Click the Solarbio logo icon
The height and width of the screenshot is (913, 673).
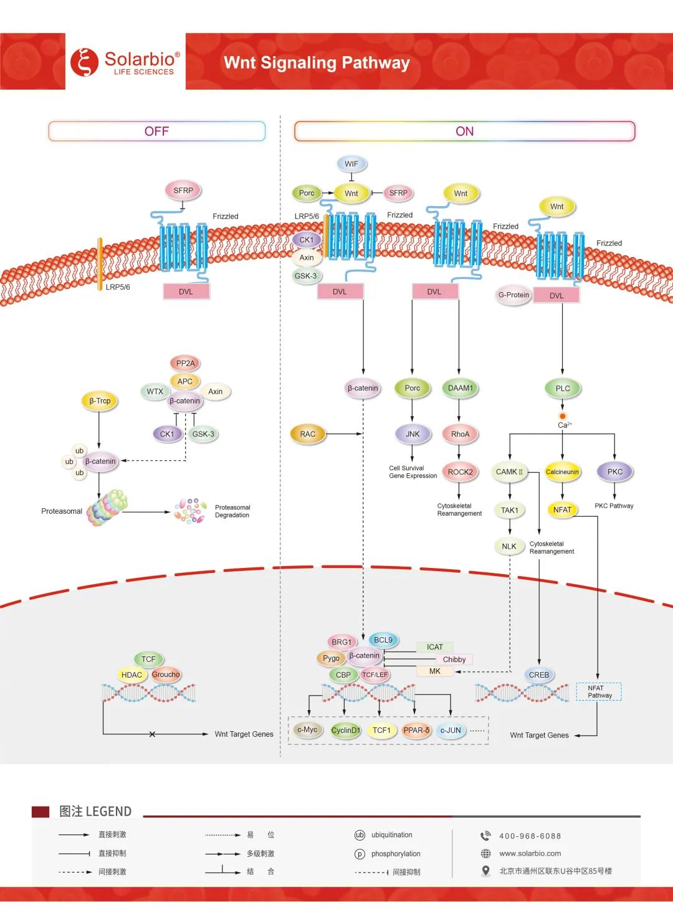pyautogui.click(x=84, y=62)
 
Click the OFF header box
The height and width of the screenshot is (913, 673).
pyautogui.click(x=156, y=131)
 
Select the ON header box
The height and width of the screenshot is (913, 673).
pyautogui.click(x=464, y=131)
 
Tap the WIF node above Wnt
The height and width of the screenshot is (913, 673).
pyautogui.click(x=351, y=164)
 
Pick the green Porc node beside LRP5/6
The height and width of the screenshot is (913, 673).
pyautogui.click(x=307, y=193)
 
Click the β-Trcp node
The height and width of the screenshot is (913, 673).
pyautogui.click(x=100, y=401)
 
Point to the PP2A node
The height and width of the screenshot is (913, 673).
pyautogui.click(x=185, y=363)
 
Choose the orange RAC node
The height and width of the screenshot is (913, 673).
pyautogui.click(x=308, y=434)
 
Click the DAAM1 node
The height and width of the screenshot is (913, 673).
pyautogui.click(x=460, y=388)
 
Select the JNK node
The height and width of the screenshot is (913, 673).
pyautogui.click(x=413, y=434)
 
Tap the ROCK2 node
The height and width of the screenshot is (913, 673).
pyautogui.click(x=460, y=472)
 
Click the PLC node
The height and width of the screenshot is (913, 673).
pyautogui.click(x=562, y=389)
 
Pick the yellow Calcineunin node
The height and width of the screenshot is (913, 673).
pyautogui.click(x=562, y=472)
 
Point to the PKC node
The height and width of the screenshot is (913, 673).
pyautogui.click(x=615, y=472)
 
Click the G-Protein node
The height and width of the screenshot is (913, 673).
pyautogui.click(x=513, y=295)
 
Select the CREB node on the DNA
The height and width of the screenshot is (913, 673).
pyautogui.click(x=539, y=675)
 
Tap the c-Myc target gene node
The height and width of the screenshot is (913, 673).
pyautogui.click(x=307, y=730)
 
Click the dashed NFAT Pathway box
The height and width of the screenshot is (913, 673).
pyautogui.click(x=599, y=692)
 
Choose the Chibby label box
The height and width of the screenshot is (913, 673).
pyautogui.click(x=454, y=660)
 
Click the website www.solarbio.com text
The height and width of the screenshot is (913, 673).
pyautogui.click(x=530, y=854)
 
